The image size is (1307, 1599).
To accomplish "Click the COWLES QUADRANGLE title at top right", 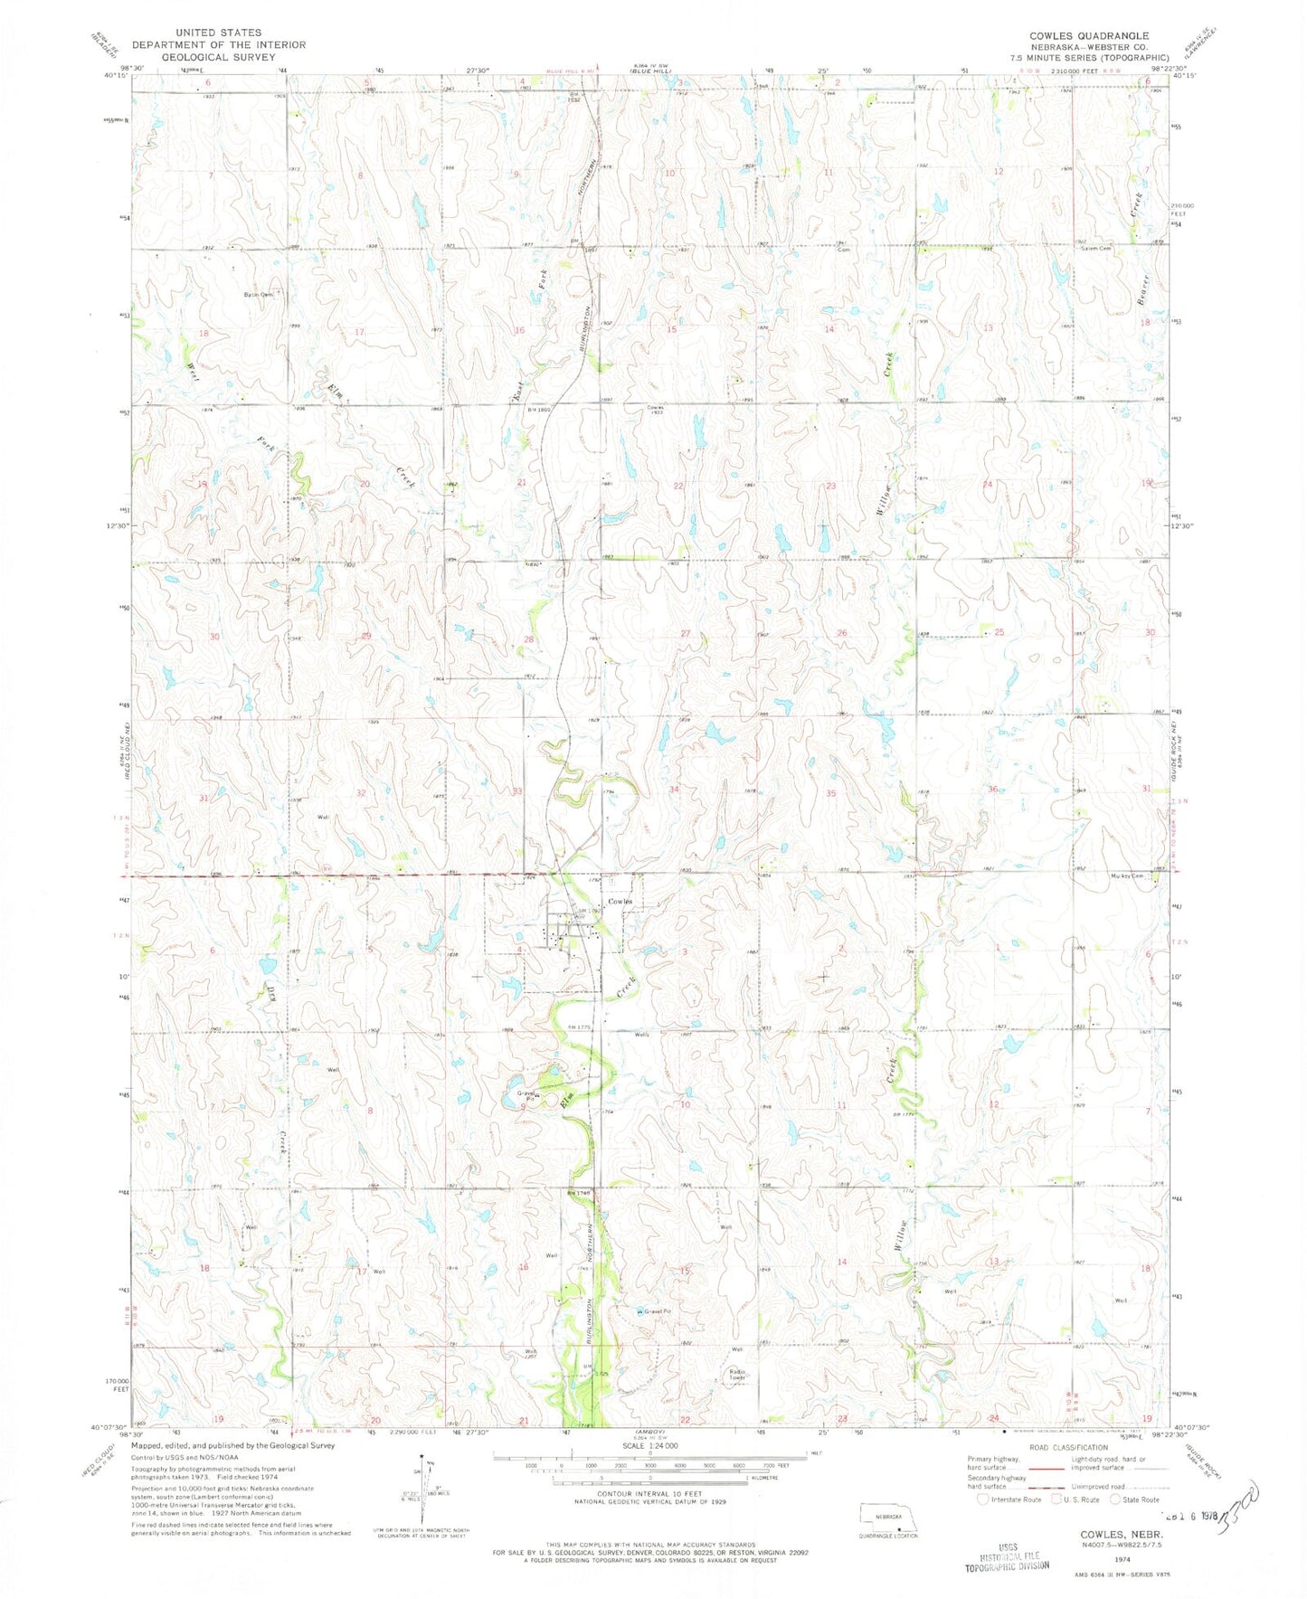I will [x=1088, y=34].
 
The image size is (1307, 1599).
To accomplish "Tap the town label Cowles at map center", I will [x=620, y=902].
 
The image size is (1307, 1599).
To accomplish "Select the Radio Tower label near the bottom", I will [x=738, y=1376].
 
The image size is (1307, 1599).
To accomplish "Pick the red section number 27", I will [x=686, y=633].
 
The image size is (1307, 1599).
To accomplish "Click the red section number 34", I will [x=674, y=790].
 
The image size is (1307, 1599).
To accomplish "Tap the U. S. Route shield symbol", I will [x=1053, y=1499].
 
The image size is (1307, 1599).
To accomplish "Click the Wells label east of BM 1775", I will [x=643, y=1035].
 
